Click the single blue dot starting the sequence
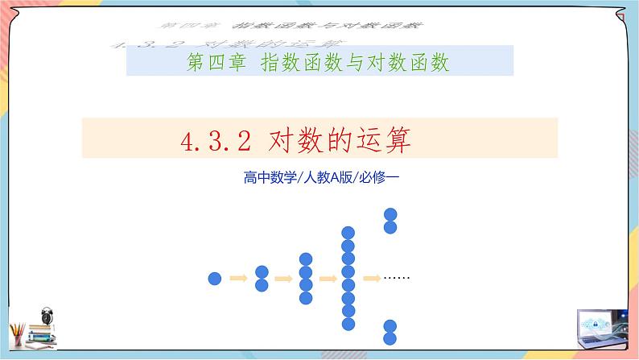tap(215, 279)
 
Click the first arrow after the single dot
tap(238, 279)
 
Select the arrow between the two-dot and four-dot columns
tap(282, 279)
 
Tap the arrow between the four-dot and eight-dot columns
tap(328, 279)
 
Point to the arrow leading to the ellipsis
tap(371, 279)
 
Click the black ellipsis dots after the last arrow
tap(398, 279)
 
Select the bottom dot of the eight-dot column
tap(348, 324)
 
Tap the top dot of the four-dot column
tap(305, 259)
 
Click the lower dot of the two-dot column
tap(261, 285)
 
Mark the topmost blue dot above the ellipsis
tap(390, 214)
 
